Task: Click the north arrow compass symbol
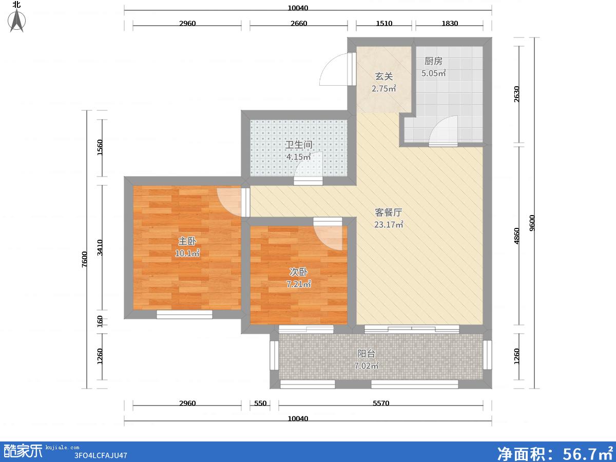(x=17, y=20)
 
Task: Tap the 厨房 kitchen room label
(x=433, y=61)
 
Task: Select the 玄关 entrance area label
(x=383, y=76)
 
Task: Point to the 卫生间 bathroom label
(x=299, y=145)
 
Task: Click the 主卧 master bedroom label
(x=187, y=241)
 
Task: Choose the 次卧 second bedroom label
(x=299, y=272)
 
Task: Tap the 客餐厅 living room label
(x=389, y=213)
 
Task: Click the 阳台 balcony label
(x=366, y=354)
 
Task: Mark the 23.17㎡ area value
(x=389, y=224)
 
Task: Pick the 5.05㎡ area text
(x=434, y=73)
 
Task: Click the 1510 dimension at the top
(x=384, y=23)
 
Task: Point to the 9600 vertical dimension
(x=532, y=223)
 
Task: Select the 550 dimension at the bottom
(x=260, y=403)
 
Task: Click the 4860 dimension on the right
(x=516, y=236)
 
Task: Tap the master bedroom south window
(x=184, y=315)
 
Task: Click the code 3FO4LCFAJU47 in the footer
(x=101, y=455)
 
